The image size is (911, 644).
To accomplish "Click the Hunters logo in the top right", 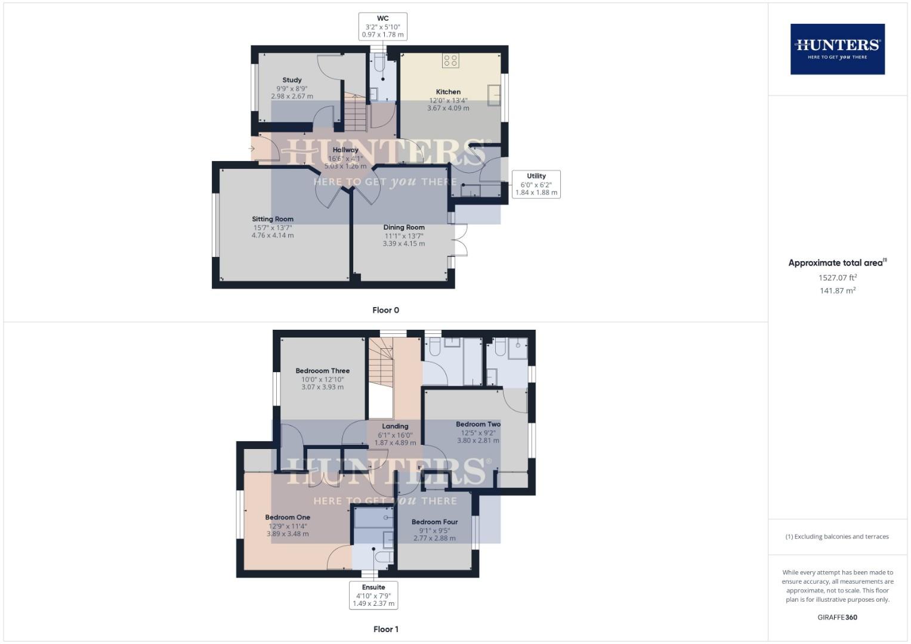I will click(x=837, y=49).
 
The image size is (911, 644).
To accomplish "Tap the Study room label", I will click(x=292, y=80).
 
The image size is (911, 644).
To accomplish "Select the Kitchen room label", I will click(x=448, y=92).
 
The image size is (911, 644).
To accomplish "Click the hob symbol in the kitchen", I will click(x=450, y=60).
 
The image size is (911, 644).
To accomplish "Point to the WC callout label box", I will click(x=382, y=27).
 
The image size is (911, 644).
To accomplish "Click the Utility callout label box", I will click(x=536, y=184).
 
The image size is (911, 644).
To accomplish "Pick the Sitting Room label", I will click(x=273, y=219).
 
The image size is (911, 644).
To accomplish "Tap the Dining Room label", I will click(x=404, y=227).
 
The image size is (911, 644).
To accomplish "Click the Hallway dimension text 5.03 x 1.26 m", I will click(x=345, y=166).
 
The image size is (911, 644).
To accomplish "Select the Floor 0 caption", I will click(x=385, y=310).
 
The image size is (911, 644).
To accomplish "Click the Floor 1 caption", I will click(x=385, y=629).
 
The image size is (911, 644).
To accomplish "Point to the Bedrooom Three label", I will click(x=323, y=371).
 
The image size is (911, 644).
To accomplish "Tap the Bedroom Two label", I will click(x=478, y=425).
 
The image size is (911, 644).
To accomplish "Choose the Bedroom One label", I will click(x=288, y=518).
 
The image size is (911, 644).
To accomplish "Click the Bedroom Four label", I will click(x=434, y=522).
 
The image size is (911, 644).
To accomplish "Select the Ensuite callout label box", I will click(x=373, y=595).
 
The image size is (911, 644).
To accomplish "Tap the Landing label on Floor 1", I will click(x=395, y=426).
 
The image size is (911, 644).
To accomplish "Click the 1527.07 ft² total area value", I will click(x=837, y=278).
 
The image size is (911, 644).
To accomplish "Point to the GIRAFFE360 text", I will click(x=837, y=617).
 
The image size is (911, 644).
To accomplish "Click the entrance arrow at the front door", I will click(x=252, y=148).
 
